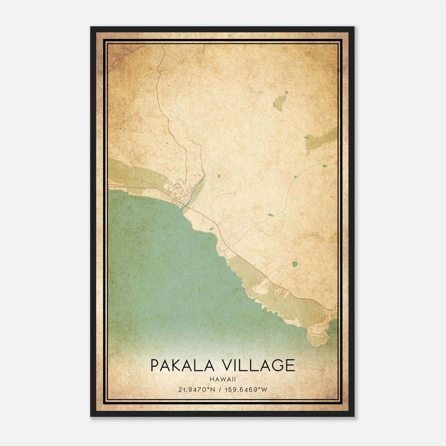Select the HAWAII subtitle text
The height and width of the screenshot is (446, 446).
click(222, 379)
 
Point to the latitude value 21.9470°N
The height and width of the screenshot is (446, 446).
click(197, 390)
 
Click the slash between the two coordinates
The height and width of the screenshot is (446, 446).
click(220, 390)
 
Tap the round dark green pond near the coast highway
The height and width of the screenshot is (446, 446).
click(295, 264)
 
